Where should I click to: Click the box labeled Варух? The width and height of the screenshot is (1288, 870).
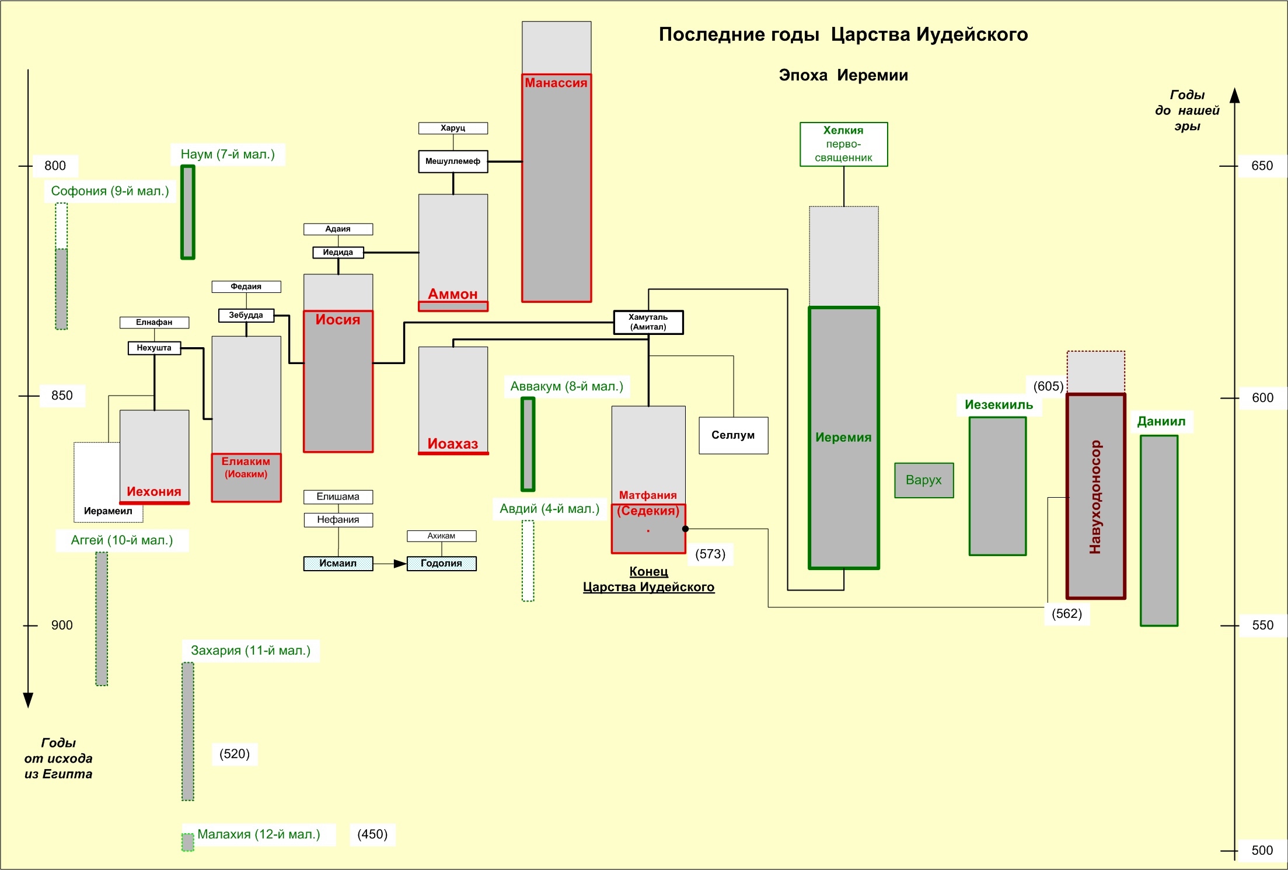(x=924, y=480)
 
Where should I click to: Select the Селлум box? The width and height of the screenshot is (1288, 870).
(x=733, y=435)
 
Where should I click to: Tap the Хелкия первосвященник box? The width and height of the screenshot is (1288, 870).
(x=843, y=144)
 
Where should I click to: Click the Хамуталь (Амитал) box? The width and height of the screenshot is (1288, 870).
(x=648, y=322)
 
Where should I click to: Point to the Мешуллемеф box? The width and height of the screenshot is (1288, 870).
(x=453, y=162)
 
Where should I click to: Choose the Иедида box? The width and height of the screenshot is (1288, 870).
(x=338, y=253)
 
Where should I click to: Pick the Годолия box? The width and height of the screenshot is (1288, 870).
(x=441, y=564)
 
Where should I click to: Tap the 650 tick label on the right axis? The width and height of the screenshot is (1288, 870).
(x=1262, y=166)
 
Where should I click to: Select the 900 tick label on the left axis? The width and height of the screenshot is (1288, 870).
(x=62, y=626)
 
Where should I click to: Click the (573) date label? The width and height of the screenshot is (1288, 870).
(x=710, y=554)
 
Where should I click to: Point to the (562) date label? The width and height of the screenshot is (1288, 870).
(x=1067, y=614)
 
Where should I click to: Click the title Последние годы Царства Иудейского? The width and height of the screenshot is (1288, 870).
(x=843, y=34)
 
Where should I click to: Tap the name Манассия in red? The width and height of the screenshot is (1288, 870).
(x=556, y=83)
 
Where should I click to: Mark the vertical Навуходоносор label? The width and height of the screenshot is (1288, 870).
(x=1095, y=497)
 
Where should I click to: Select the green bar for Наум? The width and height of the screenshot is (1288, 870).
(x=188, y=212)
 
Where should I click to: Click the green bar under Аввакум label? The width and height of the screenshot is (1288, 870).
(x=528, y=444)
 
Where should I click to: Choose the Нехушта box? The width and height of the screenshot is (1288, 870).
(x=154, y=348)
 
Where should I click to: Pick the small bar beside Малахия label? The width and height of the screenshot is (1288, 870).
(x=188, y=842)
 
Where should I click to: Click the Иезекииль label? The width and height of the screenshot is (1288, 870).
(x=999, y=405)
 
